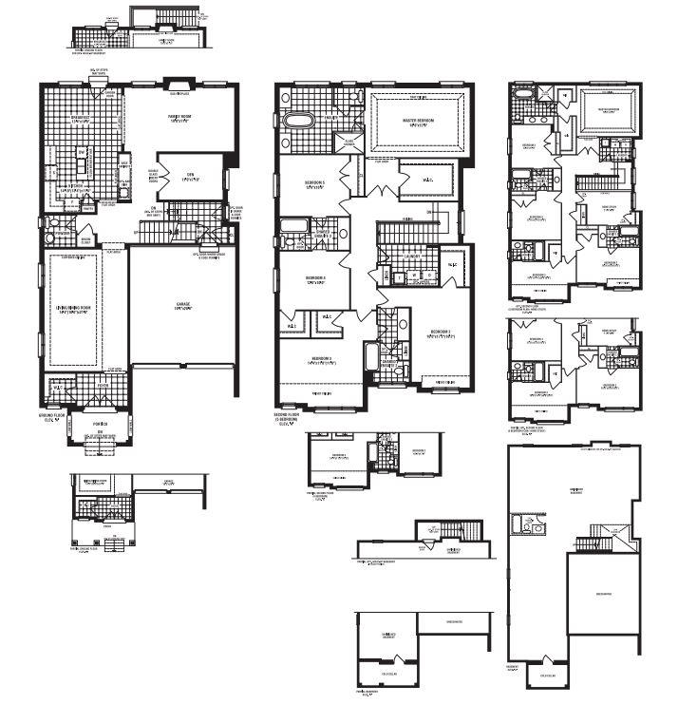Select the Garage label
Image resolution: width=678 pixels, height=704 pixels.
click(183, 305)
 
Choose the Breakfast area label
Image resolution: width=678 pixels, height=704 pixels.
click(80, 119)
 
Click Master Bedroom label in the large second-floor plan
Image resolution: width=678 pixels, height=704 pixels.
click(417, 121)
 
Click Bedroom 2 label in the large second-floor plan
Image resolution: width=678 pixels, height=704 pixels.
click(437, 333)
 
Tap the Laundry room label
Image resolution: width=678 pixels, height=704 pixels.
click(412, 256)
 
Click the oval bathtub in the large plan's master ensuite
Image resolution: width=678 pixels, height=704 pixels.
click(298, 122)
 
